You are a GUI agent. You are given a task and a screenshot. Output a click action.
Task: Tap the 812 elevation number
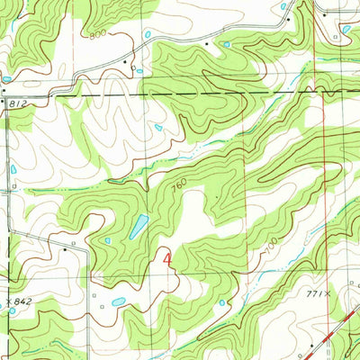click(17, 104)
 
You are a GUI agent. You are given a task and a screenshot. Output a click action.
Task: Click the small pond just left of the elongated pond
click(107, 240)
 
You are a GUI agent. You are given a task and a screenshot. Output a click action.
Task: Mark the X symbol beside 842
click(7, 301)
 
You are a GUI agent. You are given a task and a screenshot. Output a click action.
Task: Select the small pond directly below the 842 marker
click(12, 311)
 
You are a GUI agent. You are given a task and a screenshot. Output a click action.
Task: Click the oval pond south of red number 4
click(119, 301)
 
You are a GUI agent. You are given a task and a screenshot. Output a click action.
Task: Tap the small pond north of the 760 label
click(158, 128)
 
